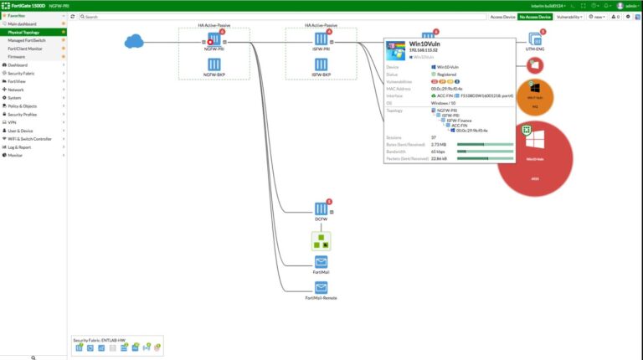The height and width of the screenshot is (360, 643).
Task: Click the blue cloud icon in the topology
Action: coord(134,41)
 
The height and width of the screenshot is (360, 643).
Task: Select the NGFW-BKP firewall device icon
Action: coord(213,64)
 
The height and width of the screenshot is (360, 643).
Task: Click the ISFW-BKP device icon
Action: coord(321,64)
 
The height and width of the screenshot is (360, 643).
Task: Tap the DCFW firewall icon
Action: coord(321,208)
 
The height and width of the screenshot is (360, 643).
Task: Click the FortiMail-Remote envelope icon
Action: coord(321,288)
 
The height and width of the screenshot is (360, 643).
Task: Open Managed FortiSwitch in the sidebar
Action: coord(28,40)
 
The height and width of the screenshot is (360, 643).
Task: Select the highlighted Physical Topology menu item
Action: coord(25,33)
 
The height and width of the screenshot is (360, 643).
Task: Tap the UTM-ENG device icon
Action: coord(535,40)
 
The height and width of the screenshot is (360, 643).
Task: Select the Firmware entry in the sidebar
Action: coord(17,57)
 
